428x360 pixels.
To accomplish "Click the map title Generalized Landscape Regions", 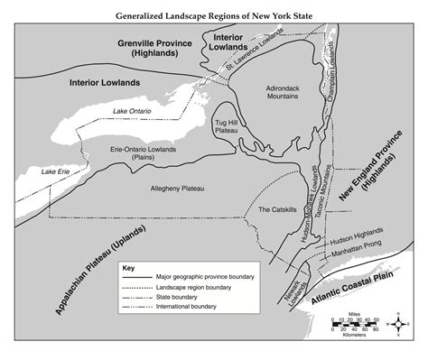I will point(213,15).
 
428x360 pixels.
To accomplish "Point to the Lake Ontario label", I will point(133,111).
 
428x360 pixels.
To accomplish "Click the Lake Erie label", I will point(54,171).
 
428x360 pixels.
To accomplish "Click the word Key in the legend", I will point(128,269).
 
